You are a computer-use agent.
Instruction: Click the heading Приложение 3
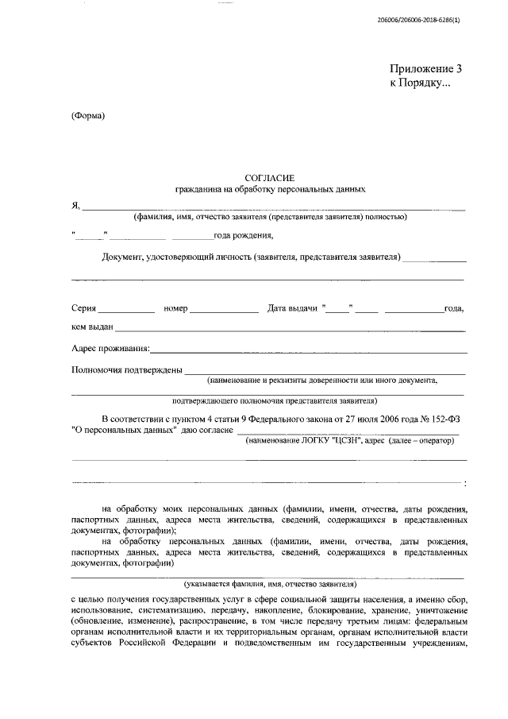click(x=425, y=69)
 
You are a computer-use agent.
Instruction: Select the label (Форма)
click(x=88, y=117)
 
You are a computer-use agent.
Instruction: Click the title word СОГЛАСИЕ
click(x=269, y=179)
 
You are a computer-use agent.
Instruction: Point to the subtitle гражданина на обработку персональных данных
click(x=270, y=191)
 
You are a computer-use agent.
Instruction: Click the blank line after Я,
click(x=274, y=208)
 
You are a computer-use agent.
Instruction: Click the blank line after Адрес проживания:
click(x=308, y=350)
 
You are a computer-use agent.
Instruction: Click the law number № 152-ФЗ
click(x=444, y=419)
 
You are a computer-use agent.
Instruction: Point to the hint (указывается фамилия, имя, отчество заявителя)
click(x=269, y=583)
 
